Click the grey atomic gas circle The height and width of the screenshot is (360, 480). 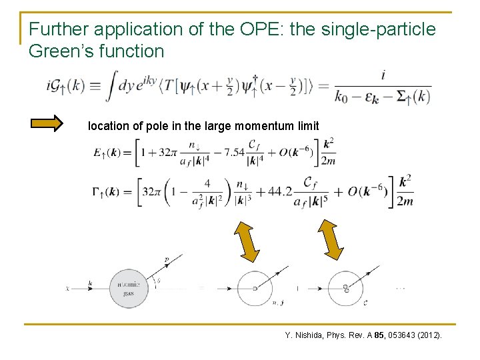(129, 288)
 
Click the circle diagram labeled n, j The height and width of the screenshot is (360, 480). (255, 288)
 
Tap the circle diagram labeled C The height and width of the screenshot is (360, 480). (345, 288)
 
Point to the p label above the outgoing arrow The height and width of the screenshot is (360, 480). (167, 258)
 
